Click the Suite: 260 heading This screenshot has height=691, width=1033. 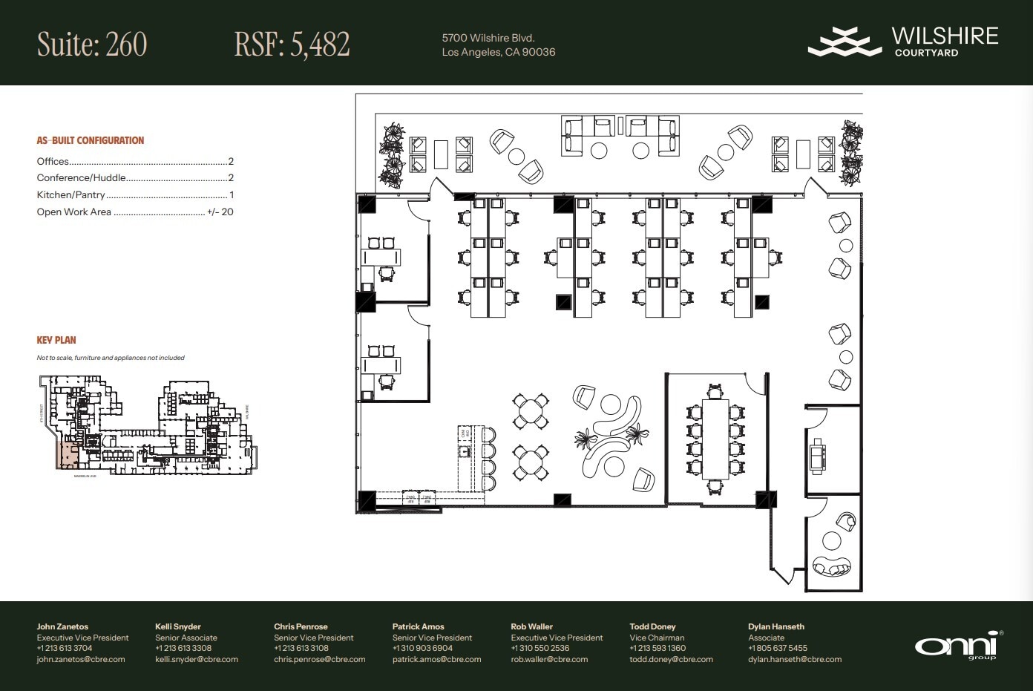(92, 45)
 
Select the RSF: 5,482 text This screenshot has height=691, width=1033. (292, 45)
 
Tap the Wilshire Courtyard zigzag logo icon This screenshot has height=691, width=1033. (845, 42)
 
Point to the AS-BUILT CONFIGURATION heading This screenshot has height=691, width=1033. (91, 140)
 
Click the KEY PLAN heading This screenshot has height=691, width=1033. (56, 340)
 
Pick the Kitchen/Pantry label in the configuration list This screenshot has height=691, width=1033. (71, 195)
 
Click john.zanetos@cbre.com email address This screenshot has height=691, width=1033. (81, 659)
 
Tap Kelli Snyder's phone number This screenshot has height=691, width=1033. (183, 648)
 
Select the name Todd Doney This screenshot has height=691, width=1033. (652, 626)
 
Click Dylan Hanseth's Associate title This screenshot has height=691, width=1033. (766, 638)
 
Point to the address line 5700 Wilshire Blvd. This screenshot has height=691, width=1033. (488, 38)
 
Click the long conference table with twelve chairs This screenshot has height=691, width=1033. (715, 439)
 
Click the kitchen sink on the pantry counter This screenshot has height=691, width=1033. (465, 451)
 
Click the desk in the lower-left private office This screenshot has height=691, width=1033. (381, 365)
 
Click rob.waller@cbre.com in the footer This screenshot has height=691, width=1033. (549, 659)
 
